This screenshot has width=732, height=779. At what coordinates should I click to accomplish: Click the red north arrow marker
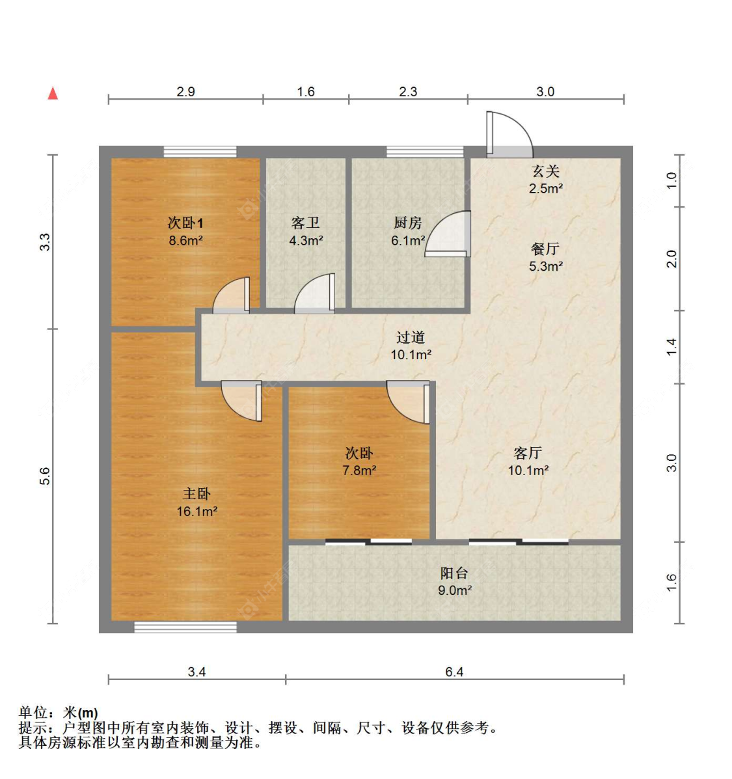(53, 93)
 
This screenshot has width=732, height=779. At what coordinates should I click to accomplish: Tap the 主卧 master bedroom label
(197, 495)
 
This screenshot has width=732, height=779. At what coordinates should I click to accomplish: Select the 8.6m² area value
(185, 240)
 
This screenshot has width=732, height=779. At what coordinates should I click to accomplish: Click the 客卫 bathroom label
(305, 223)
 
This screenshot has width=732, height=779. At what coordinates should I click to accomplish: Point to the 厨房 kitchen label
(408, 223)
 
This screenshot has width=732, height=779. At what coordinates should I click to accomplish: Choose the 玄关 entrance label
(545, 171)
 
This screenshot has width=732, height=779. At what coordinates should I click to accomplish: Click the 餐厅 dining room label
(545, 249)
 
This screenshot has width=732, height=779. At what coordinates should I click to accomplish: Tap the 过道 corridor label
(411, 337)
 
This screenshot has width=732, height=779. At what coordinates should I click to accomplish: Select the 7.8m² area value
(359, 470)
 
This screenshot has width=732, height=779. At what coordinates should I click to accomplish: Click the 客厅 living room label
(528, 453)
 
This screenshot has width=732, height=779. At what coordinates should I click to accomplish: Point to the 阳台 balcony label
(454, 573)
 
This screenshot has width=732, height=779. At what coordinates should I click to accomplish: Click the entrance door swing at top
(509, 135)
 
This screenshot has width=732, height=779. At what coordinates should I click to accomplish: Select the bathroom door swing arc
(315, 293)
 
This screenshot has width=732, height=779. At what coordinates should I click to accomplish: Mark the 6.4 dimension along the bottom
(454, 672)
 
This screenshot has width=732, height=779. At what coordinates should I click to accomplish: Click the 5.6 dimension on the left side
(44, 476)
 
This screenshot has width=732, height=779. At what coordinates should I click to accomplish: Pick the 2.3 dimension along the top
(408, 92)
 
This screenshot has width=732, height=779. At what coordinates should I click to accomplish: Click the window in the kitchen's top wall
(425, 152)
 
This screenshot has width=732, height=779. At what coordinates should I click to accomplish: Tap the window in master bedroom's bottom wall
(185, 627)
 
